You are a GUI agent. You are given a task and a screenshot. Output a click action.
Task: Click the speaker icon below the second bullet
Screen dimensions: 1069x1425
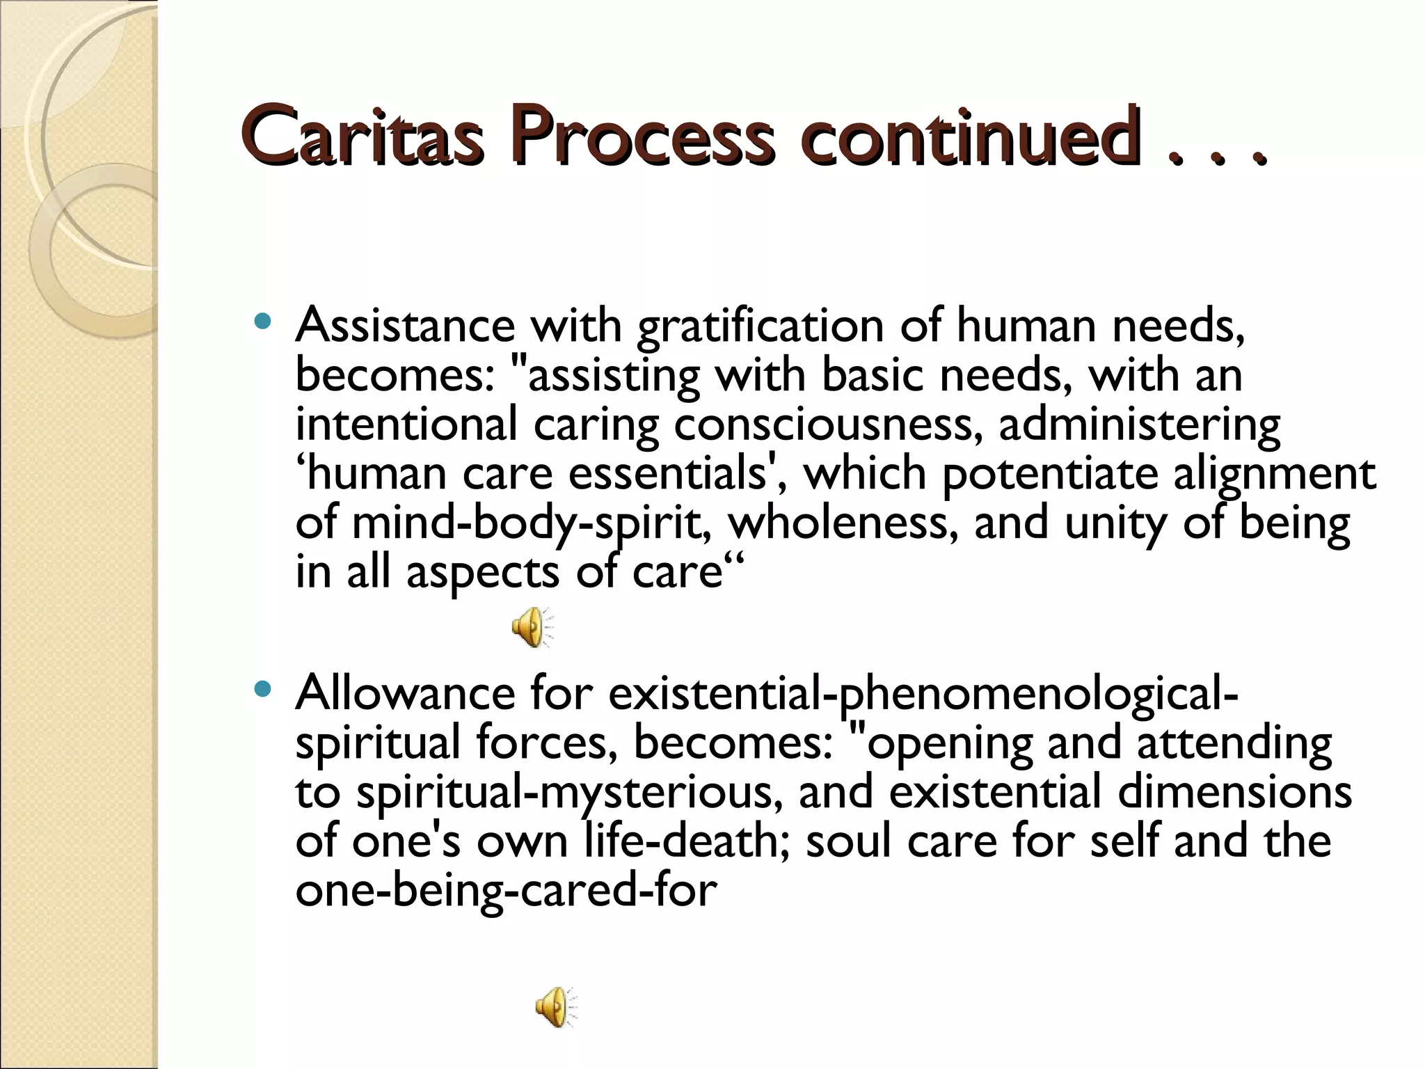point(556,1007)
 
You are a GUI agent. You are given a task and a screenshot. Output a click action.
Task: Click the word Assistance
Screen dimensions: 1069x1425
point(405,325)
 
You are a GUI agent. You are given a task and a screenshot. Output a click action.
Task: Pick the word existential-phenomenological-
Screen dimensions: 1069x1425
point(923,695)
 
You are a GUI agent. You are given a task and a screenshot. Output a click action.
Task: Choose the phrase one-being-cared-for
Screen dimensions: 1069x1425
point(506,891)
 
